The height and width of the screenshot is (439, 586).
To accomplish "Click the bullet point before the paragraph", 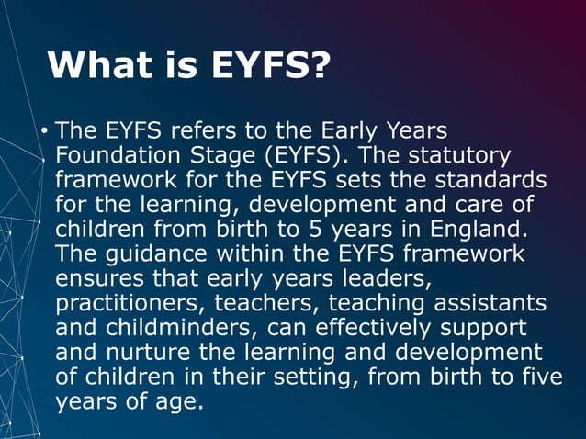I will click(x=43, y=131).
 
